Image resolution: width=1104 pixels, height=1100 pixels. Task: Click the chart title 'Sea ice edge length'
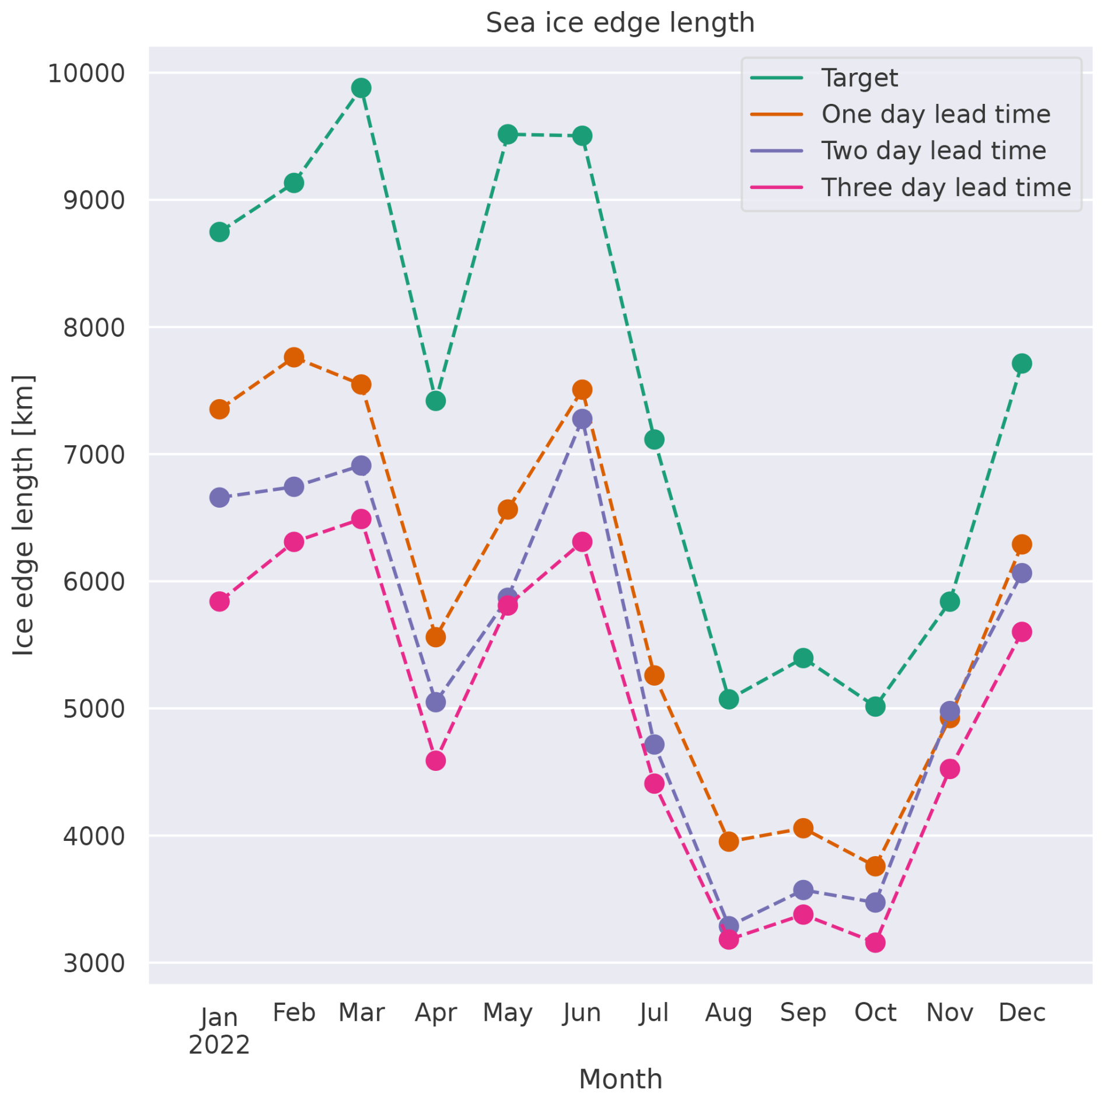[620, 23]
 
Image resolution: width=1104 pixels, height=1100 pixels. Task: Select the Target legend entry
[859, 78]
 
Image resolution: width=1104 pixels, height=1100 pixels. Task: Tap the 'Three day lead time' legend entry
[945, 188]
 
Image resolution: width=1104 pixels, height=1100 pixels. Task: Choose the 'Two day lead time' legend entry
[933, 151]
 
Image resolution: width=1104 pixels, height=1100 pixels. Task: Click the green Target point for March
[361, 88]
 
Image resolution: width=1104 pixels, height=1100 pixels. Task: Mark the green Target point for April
[435, 401]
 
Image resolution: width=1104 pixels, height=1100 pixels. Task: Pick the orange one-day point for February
[294, 357]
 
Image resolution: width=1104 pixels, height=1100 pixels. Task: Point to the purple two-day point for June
[582, 419]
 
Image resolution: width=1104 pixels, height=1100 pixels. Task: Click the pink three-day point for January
[219, 601]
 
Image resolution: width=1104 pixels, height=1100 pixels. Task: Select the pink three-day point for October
[875, 942]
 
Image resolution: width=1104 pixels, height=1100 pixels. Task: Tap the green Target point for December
[1022, 364]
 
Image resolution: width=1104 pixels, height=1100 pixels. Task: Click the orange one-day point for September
[803, 828]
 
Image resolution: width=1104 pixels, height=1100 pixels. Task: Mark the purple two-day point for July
[654, 745]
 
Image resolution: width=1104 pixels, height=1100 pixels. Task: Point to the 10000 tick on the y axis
[86, 74]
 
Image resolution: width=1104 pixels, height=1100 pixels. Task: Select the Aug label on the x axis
[728, 1013]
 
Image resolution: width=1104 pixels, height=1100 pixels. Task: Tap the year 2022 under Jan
[219, 1045]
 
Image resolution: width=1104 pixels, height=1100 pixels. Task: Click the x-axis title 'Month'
[620, 1079]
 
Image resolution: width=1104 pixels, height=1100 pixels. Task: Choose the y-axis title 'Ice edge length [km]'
[23, 515]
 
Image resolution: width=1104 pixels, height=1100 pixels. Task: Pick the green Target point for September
[803, 658]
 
